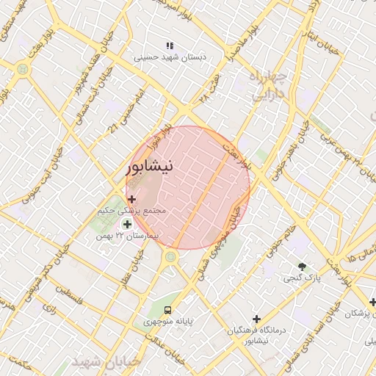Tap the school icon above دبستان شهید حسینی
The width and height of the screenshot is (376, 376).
click(170, 46)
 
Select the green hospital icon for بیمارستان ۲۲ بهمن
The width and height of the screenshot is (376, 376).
click(128, 225)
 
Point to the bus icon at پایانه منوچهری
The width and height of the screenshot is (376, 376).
click(168, 310)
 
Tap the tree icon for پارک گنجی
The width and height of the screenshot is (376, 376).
click(302, 266)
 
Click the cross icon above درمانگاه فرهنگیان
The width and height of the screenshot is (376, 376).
click(256, 319)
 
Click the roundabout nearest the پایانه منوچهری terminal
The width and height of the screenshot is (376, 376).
click(171, 257)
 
